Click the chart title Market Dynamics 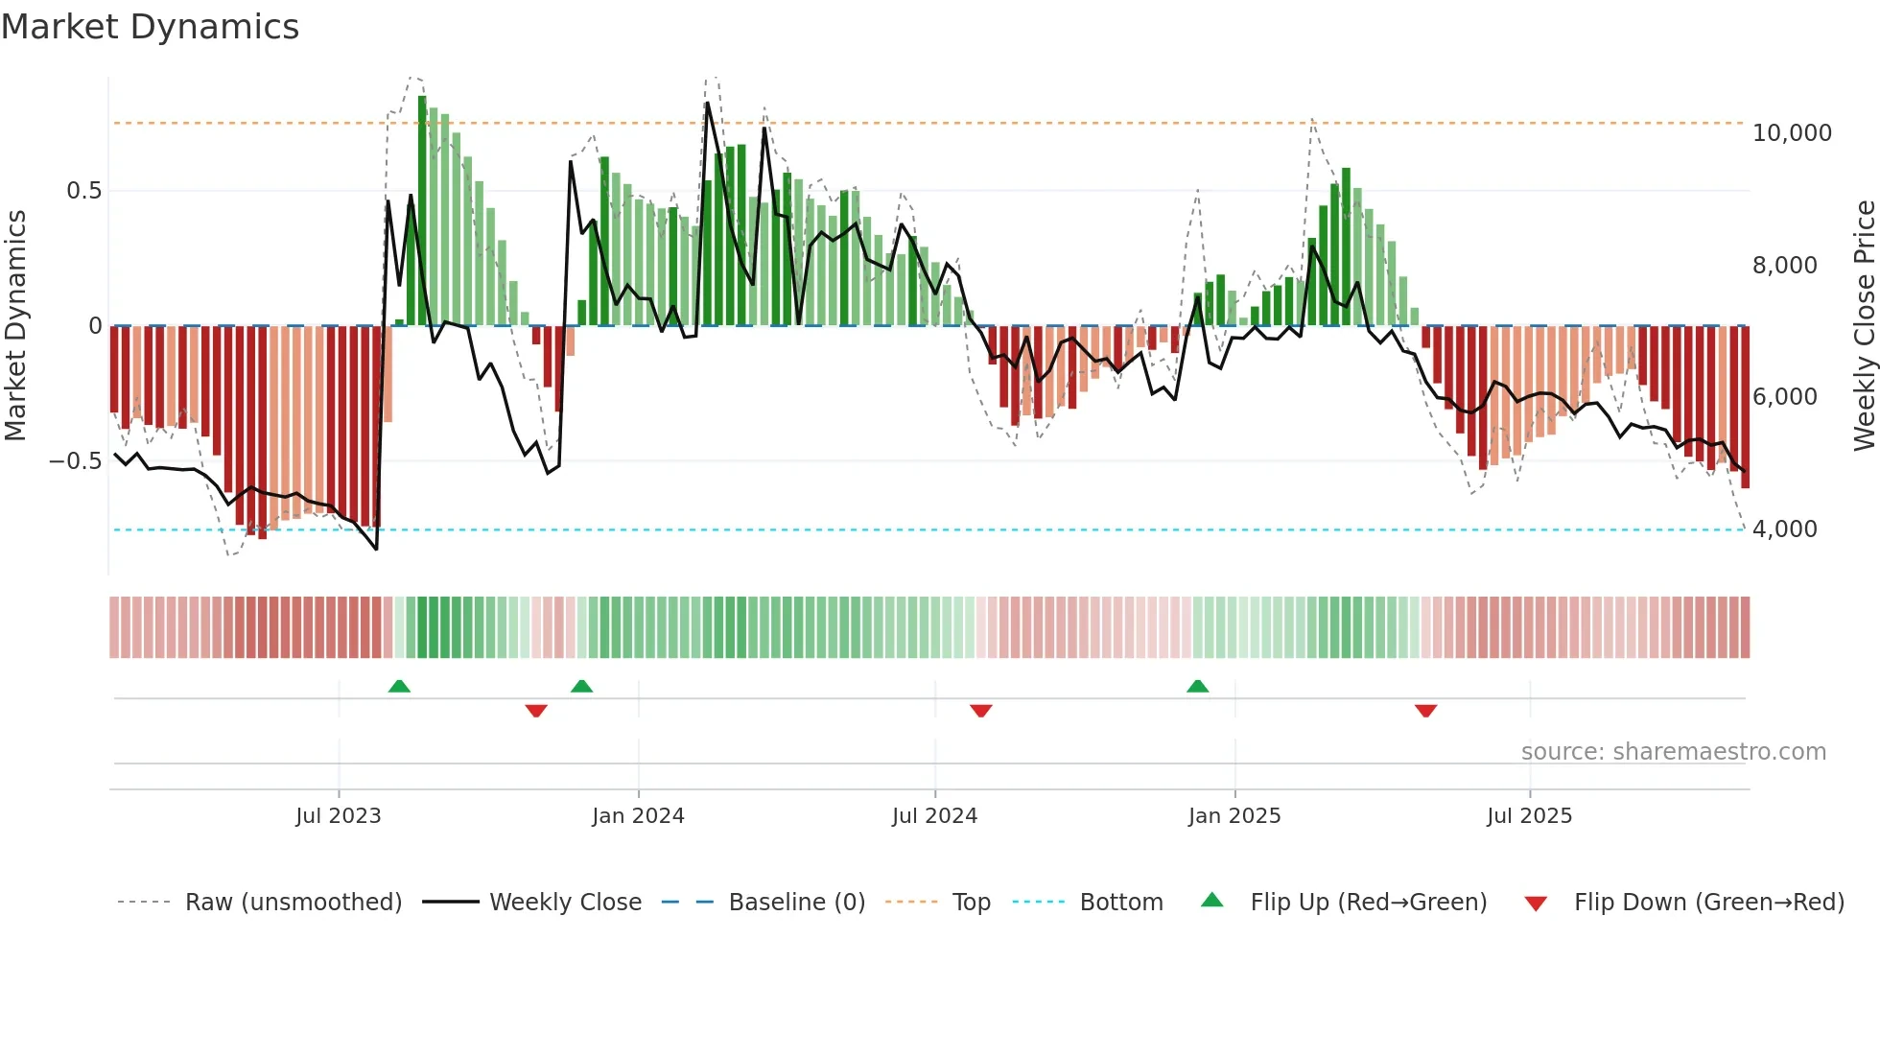point(151,27)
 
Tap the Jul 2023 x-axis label point(339,816)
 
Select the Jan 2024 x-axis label point(638,816)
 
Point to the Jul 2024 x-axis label point(934,816)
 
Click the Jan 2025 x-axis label point(1234,816)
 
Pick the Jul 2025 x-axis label point(1530,816)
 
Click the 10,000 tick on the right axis point(1792,133)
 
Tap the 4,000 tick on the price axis point(1784,529)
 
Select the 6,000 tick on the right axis point(1784,397)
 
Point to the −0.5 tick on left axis point(75,461)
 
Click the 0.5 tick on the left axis point(83,191)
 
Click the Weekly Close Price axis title point(1864,325)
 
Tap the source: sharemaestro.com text point(1673,752)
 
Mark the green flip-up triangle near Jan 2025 point(1197,686)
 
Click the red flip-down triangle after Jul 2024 point(980,711)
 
